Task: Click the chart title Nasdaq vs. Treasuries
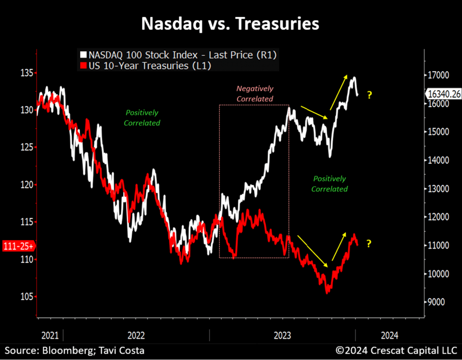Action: (x=231, y=23)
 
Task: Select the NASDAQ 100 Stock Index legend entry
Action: (x=178, y=56)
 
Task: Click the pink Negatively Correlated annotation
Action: (x=255, y=93)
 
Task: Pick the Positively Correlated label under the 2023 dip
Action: (x=329, y=184)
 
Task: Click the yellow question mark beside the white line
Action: (x=369, y=95)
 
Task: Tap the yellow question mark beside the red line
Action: (x=369, y=244)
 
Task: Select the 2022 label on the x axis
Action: (x=136, y=335)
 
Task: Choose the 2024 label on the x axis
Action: (x=389, y=335)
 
